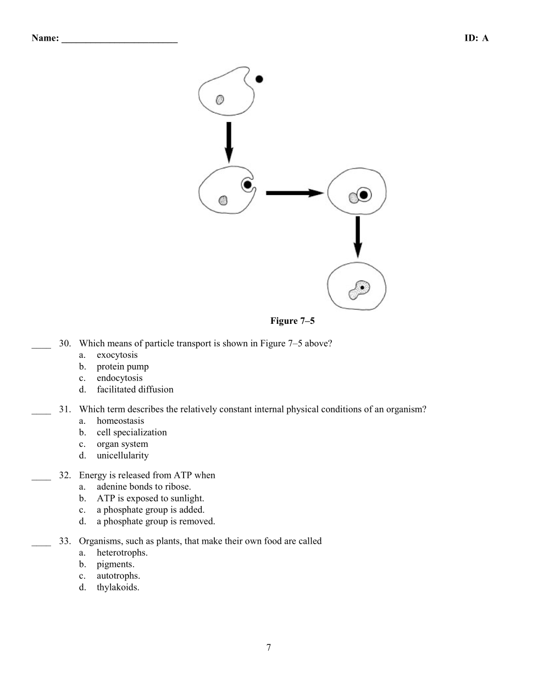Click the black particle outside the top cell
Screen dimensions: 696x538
(259, 79)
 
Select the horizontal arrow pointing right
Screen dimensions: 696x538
(294, 193)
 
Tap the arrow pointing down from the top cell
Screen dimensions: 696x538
(229, 142)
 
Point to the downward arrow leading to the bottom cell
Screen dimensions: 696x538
(358, 236)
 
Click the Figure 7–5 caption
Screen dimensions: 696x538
(292, 321)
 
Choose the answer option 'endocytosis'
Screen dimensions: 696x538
(119, 378)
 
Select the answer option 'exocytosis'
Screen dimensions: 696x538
(117, 355)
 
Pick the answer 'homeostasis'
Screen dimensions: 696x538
(120, 421)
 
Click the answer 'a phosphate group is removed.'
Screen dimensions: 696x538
(156, 522)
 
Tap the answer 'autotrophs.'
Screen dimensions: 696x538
(118, 576)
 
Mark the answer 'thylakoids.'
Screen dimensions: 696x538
(118, 588)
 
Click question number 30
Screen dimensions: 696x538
(65, 344)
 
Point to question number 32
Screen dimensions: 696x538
(65, 476)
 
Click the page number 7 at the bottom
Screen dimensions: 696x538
(269, 648)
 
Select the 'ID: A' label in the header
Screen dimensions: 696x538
(476, 38)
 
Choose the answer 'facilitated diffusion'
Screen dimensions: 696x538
(135, 390)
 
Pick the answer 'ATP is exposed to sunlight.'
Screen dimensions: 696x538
(150, 499)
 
